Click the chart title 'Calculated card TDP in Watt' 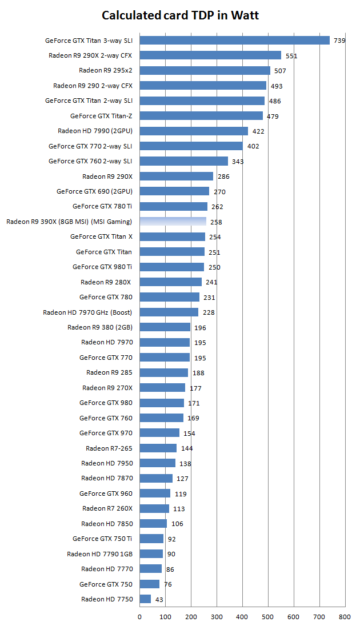coord(180,15)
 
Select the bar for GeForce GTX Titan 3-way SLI coord(234,41)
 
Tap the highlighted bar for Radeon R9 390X coord(173,222)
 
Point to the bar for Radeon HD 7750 coord(145,599)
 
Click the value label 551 coord(291,56)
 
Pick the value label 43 coord(159,600)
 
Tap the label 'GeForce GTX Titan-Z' coord(101,115)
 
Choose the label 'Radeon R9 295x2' coord(105,70)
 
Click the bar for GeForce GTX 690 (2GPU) coord(174,191)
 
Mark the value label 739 coord(339,41)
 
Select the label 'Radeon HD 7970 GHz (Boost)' coord(87,312)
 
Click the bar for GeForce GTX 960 coord(155,493)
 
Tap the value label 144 coord(187,448)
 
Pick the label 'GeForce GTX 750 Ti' coord(102,538)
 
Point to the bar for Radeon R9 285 coord(164,372)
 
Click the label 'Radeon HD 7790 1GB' coord(99,553)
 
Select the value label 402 coord(253,147)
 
